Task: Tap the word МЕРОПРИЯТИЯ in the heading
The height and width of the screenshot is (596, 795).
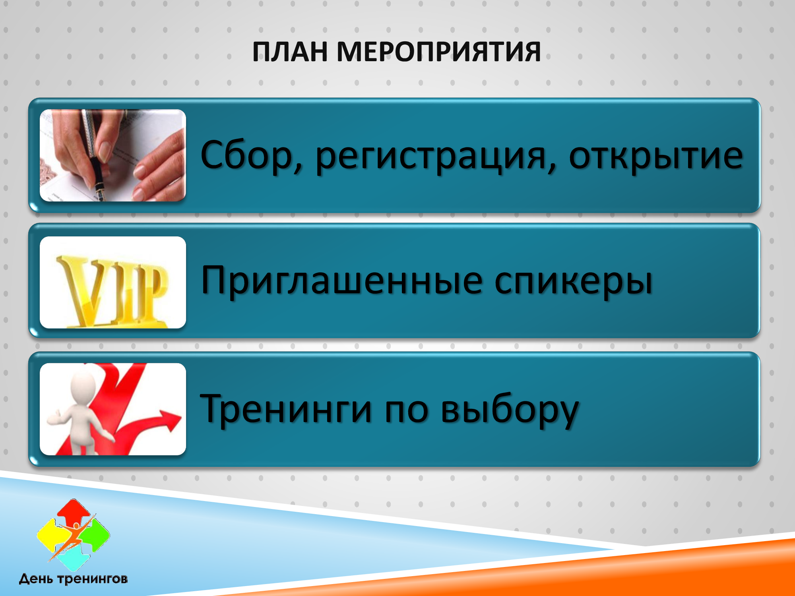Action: tap(439, 52)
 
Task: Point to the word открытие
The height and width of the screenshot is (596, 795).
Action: tap(656, 156)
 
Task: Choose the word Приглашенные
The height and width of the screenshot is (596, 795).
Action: tap(342, 281)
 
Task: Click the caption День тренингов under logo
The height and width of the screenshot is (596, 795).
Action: tap(74, 579)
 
